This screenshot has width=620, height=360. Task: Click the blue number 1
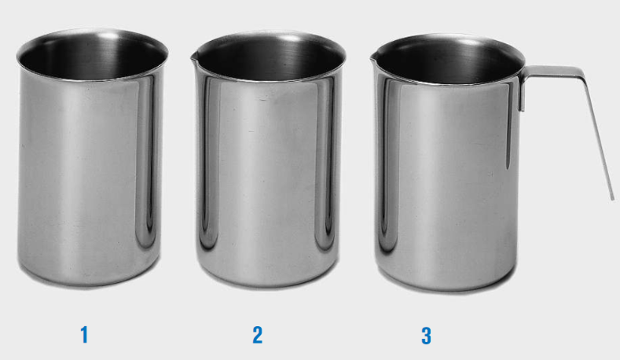[84, 335]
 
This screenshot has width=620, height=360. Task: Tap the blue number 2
[258, 335]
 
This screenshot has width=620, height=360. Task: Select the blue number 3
[426, 336]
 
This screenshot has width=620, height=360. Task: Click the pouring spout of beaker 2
[193, 58]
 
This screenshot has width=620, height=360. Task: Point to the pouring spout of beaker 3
[373, 59]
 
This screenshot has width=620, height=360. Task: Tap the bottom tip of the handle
[612, 200]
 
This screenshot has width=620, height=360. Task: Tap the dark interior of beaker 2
[269, 59]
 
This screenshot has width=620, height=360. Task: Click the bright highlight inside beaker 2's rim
[291, 39]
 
